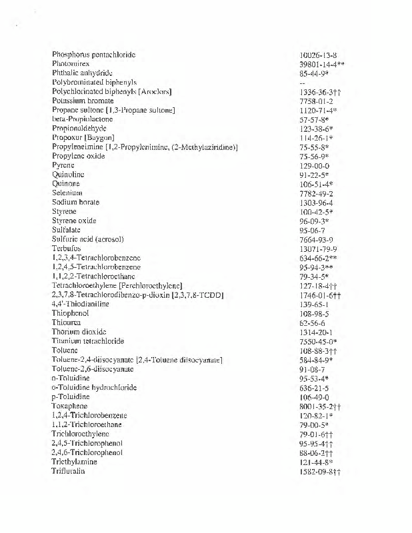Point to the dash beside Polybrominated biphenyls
click(x=303, y=82)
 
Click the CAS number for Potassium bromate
click(x=317, y=101)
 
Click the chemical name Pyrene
click(x=63, y=165)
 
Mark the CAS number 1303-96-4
click(x=317, y=202)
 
